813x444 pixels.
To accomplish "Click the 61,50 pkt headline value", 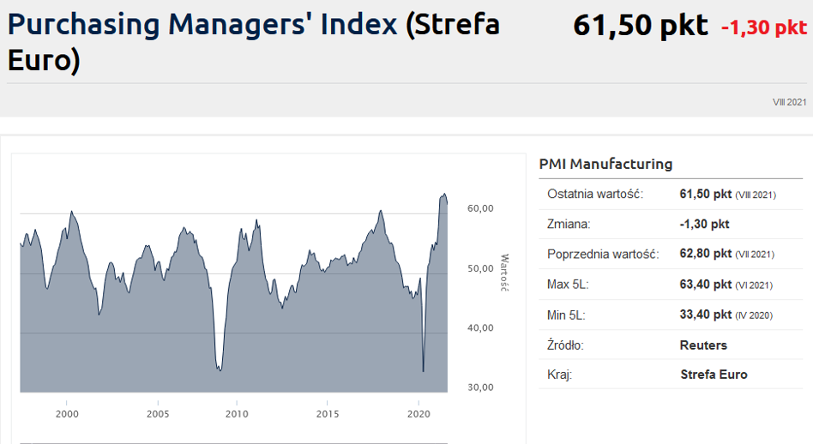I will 640,26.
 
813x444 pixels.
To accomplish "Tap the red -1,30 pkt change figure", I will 763,28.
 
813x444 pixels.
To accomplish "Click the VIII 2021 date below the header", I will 790,102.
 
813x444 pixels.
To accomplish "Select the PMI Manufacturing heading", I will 605,164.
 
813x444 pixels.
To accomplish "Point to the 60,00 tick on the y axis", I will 479,208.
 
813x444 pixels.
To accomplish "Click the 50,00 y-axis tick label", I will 479,268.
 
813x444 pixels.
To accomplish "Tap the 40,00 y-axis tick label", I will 479,327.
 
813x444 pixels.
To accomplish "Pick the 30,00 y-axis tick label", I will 479,387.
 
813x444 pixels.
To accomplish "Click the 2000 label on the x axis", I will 67,414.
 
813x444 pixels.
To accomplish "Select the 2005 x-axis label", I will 158,414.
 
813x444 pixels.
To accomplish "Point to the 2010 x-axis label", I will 237,414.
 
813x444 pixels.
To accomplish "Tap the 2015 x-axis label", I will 327,414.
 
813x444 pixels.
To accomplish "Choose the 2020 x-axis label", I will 418,414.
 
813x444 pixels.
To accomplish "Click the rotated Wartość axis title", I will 504,272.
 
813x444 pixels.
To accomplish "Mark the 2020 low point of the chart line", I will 424,371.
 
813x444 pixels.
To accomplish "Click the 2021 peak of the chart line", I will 444,194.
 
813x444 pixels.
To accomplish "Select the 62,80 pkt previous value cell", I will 705,254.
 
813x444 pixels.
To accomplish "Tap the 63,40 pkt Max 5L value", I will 705,285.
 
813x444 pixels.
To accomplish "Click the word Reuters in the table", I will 703,345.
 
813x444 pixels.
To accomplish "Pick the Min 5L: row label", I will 566,315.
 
